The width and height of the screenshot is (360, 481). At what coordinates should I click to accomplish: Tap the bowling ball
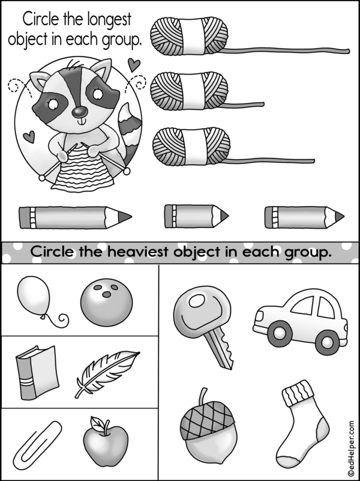click(107, 303)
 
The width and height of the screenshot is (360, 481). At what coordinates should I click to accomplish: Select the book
click(37, 372)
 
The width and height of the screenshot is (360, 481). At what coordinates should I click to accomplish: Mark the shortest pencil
click(196, 216)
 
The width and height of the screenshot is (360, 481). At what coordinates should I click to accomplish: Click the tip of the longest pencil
click(131, 217)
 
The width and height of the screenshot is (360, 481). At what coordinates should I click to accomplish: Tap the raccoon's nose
click(80, 112)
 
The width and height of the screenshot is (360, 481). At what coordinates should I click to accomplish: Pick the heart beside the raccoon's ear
click(134, 65)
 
